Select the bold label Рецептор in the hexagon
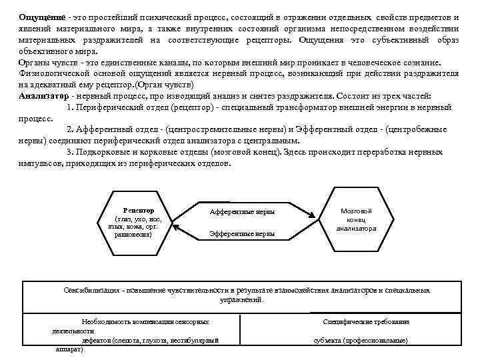coord(139,210)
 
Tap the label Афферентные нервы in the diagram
coord(242,211)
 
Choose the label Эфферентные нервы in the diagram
coord(242,234)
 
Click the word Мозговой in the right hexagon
coord(356,211)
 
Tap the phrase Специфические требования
coord(366,321)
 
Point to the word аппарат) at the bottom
coord(69,349)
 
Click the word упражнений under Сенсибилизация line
coord(241,300)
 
